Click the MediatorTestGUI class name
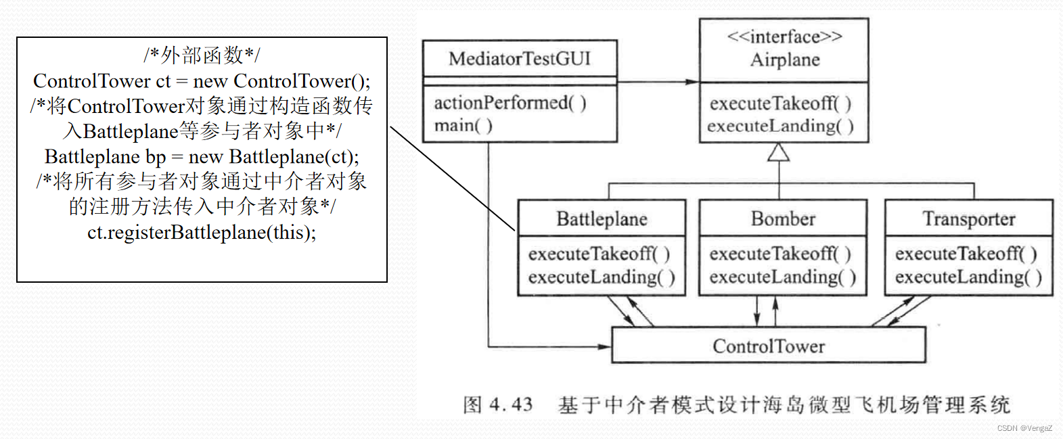[520, 59]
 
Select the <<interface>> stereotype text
[784, 37]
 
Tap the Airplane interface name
[784, 60]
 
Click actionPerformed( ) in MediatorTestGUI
[510, 103]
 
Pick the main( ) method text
[463, 126]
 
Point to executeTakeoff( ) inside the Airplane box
[780, 103]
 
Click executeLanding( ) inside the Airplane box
[780, 126]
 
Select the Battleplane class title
[602, 218]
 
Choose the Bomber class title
[783, 218]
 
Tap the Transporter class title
[969, 218]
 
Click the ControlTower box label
[769, 346]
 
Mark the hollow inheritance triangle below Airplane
[779, 152]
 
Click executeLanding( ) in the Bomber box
[782, 277]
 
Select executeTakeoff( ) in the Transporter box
[966, 254]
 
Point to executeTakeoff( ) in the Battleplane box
[599, 254]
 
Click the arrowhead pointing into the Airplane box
[692, 82]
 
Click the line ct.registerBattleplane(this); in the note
[202, 233]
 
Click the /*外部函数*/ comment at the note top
[202, 55]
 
